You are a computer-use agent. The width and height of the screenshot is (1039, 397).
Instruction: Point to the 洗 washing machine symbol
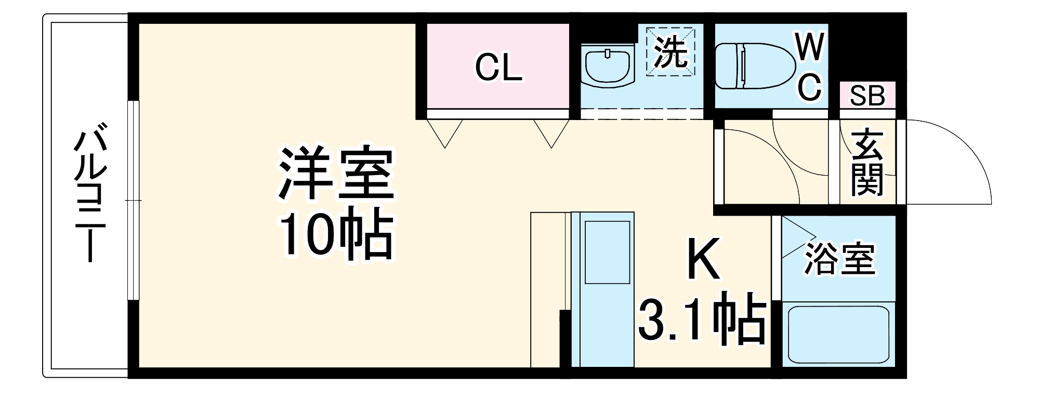pos(670,51)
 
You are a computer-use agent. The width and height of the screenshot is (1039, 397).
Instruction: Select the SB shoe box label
pos(867,96)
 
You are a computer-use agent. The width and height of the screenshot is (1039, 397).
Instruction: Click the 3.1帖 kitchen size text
pos(702,322)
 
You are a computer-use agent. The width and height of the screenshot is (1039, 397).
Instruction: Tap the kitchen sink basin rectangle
pos(607,253)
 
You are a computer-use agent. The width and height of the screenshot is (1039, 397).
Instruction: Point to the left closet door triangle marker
pos(445,133)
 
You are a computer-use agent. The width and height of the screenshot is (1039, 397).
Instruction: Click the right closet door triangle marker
pos(552,133)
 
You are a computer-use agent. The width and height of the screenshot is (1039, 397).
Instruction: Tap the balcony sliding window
pos(134,200)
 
